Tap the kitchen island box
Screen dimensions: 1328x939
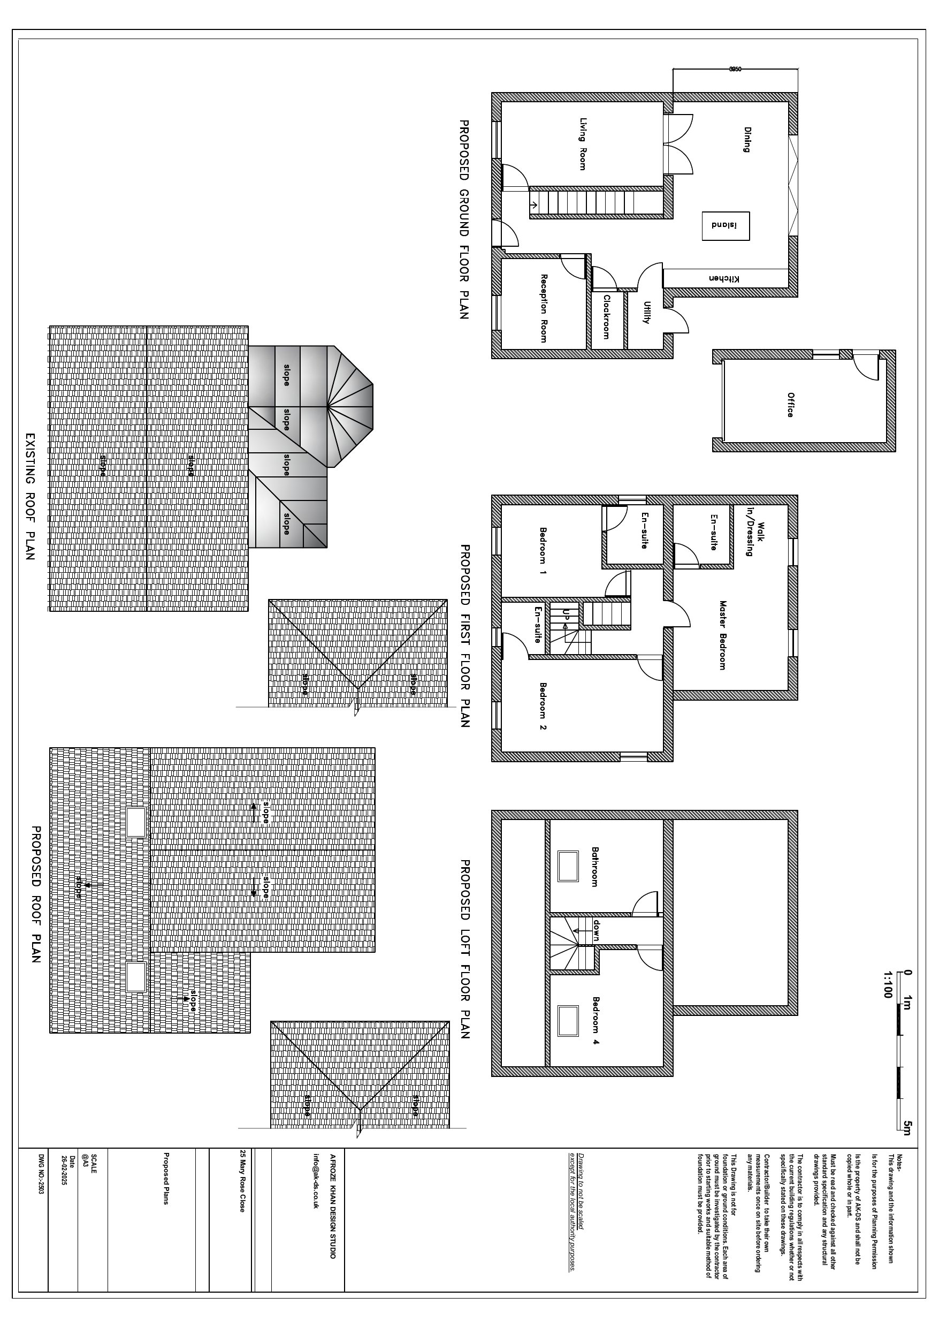click(x=726, y=225)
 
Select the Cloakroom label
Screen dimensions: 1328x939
click(x=607, y=317)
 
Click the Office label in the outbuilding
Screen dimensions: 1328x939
click(x=790, y=405)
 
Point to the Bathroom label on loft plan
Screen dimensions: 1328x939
click(x=594, y=867)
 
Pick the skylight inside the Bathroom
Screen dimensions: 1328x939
click(x=567, y=866)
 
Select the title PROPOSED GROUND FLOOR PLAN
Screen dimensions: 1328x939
click(x=464, y=219)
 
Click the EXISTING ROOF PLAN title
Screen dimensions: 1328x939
click(x=30, y=496)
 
